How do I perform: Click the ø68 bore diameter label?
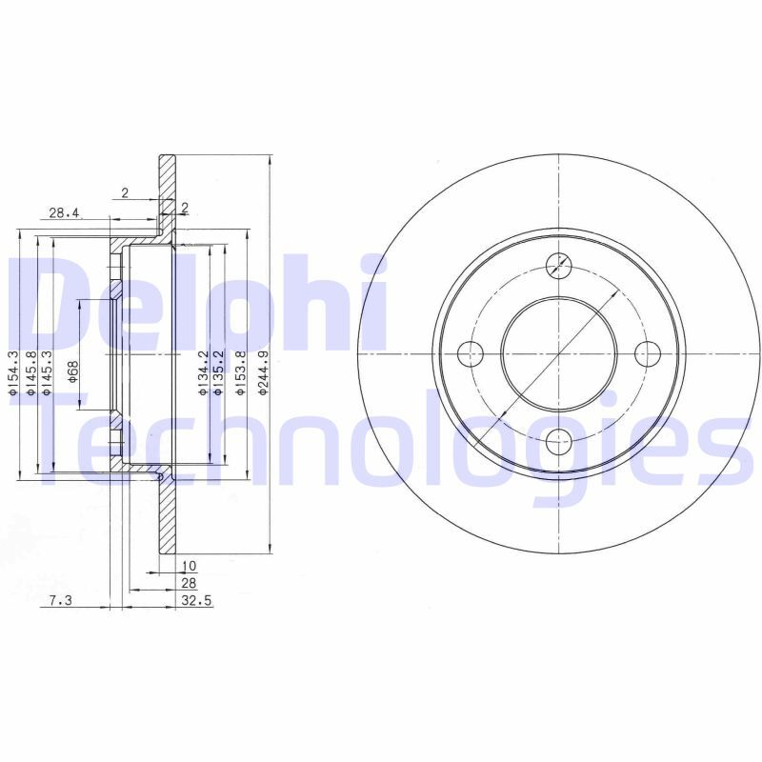72,371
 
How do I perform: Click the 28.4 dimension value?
63,212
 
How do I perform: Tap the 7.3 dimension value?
60,601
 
